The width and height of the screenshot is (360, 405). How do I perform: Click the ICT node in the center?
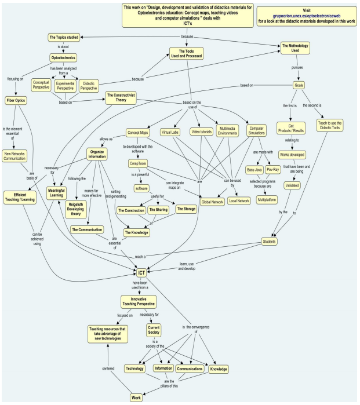[x=141, y=272]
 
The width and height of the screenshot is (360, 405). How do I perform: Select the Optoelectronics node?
[x=64, y=58]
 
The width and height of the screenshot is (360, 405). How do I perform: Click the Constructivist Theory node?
[x=125, y=97]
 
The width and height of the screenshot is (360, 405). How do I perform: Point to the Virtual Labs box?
[x=170, y=132]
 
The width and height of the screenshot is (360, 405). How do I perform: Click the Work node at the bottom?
[x=137, y=397]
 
